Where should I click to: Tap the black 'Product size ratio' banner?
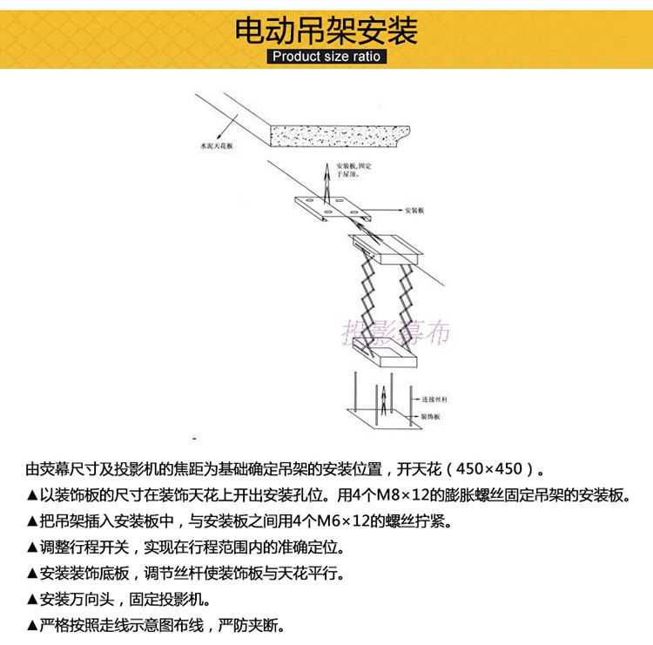pyautogui.click(x=326, y=57)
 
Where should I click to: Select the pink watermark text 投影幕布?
pyautogui.click(x=396, y=331)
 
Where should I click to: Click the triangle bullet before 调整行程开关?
pyautogui.click(x=32, y=548)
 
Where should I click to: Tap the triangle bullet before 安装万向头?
pyautogui.click(x=32, y=601)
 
